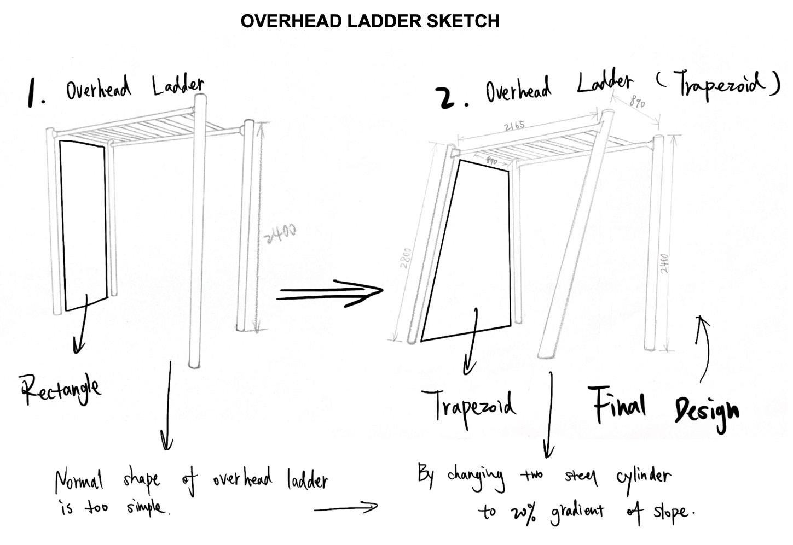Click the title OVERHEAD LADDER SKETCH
[369, 21]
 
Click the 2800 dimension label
[406, 258]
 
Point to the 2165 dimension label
[514, 126]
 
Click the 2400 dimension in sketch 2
[664, 264]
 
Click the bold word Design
[706, 411]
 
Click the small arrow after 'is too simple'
[346, 508]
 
